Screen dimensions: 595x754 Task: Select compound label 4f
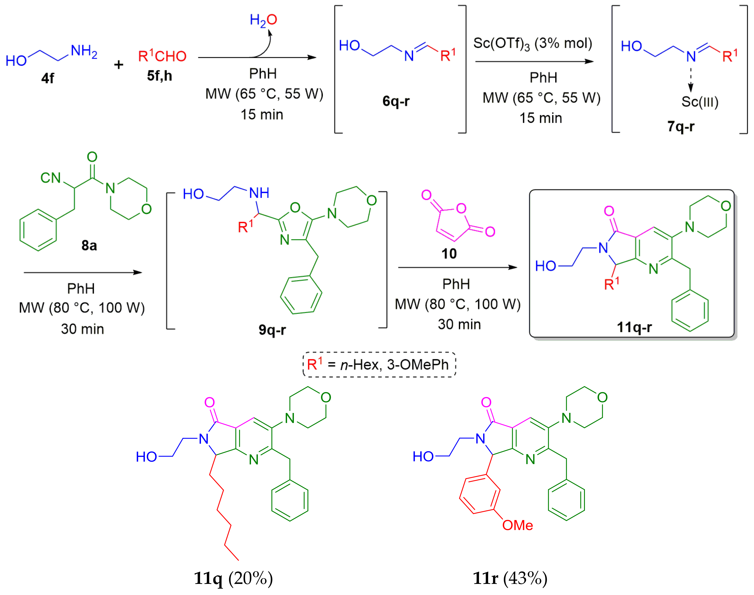tap(48, 78)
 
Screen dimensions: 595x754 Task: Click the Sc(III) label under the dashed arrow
tap(700, 102)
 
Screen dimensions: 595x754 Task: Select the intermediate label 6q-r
tap(396, 101)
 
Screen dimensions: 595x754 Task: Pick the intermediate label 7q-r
tap(680, 126)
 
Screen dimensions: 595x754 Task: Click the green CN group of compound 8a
tap(51, 178)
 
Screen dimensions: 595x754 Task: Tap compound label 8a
tap(89, 246)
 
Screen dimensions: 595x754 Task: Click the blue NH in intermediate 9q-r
tap(259, 193)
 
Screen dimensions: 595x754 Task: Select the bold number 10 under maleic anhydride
tap(449, 254)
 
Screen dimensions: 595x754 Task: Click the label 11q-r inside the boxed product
tap(634, 327)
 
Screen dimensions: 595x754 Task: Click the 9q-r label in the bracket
tap(272, 330)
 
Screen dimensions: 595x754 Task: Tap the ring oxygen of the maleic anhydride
tap(461, 208)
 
